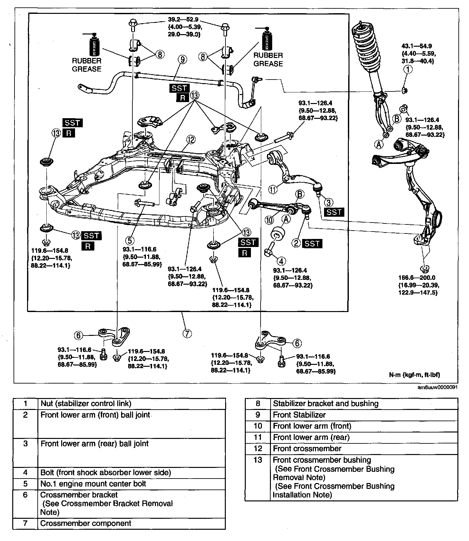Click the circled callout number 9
183,60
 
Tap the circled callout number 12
191,139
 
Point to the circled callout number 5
129,240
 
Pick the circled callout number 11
273,190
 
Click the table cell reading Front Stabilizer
299,415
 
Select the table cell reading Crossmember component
86,523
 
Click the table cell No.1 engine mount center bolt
93,484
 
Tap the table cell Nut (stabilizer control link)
86,403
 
